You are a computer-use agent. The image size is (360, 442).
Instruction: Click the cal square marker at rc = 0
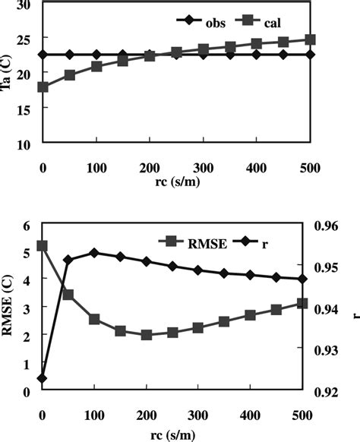pyautogui.click(x=43, y=87)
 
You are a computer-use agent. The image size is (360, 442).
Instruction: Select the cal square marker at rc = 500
pyautogui.click(x=309, y=39)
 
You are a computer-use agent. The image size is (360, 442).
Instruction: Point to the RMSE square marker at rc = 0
pyautogui.click(x=43, y=246)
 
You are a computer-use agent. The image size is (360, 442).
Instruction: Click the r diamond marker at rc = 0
pyautogui.click(x=43, y=378)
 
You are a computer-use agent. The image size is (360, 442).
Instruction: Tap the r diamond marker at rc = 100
pyautogui.click(x=95, y=252)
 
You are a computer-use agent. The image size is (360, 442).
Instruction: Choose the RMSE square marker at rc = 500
pyautogui.click(x=302, y=303)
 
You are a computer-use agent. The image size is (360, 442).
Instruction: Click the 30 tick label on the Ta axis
pyautogui.click(x=23, y=5)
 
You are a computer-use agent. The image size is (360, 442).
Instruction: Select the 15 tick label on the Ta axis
pyautogui.click(x=23, y=109)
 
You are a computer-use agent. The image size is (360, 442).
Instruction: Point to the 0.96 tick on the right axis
pyautogui.click(x=331, y=226)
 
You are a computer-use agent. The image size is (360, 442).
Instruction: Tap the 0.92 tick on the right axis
pyautogui.click(x=331, y=392)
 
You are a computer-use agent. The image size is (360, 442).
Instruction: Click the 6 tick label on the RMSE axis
pyautogui.click(x=27, y=226)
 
